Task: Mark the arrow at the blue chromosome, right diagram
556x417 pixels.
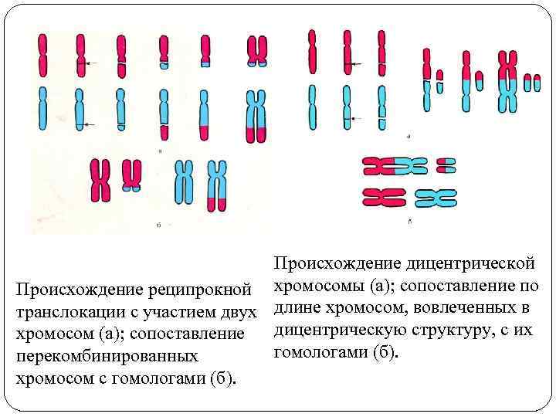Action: point(356,118)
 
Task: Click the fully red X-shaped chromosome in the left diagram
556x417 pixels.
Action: point(100,181)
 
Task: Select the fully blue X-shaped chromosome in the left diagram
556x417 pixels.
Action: point(184,181)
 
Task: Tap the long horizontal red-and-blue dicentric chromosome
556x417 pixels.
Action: point(394,166)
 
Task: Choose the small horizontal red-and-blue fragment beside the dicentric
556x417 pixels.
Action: point(446,165)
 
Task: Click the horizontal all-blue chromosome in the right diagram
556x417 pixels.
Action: point(436,198)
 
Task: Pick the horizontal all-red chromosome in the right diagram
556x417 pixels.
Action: point(384,198)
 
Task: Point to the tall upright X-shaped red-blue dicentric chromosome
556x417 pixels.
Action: point(507,80)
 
